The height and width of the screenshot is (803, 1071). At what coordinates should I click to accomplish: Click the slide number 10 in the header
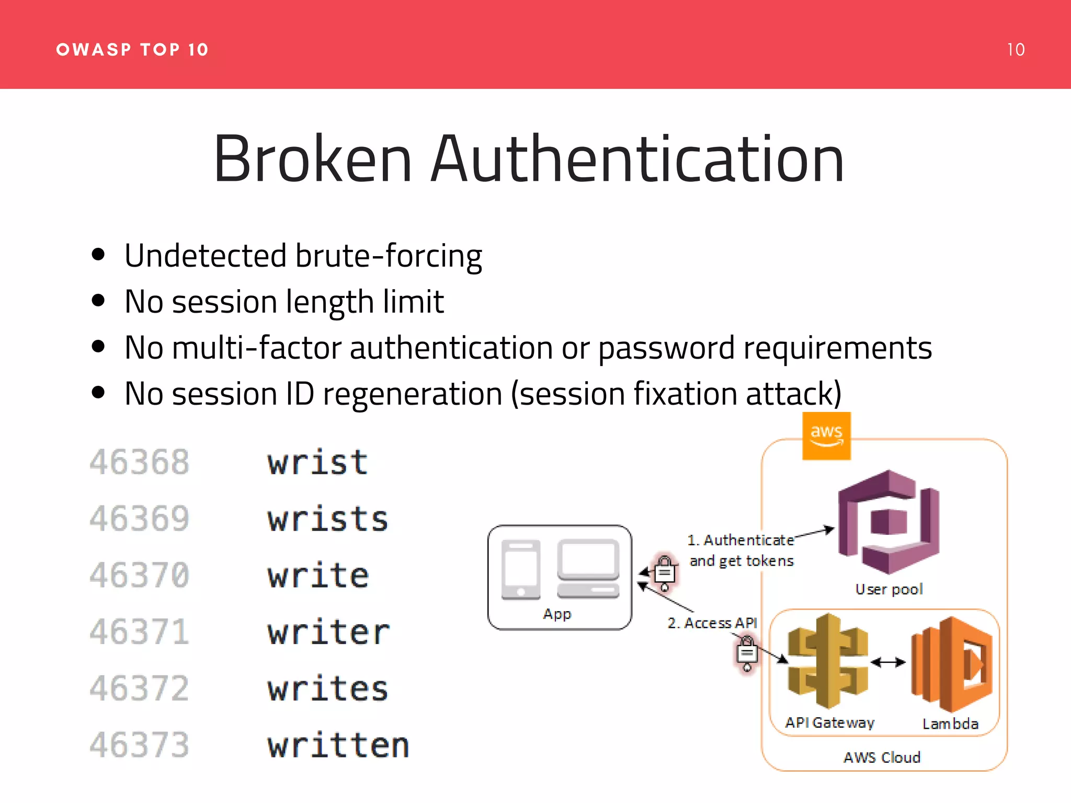pos(1016,50)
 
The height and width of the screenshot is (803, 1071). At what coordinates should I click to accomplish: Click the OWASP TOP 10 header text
pos(132,50)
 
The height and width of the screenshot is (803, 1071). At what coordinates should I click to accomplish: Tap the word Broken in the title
pos(313,159)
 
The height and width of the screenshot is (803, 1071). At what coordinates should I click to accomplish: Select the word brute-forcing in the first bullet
pos(388,256)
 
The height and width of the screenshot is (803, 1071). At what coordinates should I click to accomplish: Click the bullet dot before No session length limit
pos(98,301)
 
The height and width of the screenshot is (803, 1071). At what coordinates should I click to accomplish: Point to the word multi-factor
pos(257,348)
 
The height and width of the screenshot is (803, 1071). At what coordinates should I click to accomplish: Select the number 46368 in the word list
pos(139,463)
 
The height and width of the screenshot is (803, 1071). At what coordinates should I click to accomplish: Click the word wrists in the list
pos(328,519)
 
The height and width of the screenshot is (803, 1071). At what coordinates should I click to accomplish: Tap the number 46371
pos(139,632)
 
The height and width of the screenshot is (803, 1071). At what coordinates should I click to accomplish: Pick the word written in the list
pos(338,745)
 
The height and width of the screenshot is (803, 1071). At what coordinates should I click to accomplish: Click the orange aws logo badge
pos(826,436)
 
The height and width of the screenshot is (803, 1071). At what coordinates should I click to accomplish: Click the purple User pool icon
pos(888,522)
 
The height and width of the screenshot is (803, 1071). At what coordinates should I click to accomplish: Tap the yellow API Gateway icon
pos(827,661)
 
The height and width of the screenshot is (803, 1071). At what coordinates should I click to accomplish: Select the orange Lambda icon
pos(951,664)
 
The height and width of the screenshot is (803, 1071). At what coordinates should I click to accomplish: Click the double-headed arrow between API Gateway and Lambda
pos(888,662)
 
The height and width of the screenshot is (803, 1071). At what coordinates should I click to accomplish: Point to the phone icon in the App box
pos(520,569)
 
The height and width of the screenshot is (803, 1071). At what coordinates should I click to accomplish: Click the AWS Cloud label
pos(882,758)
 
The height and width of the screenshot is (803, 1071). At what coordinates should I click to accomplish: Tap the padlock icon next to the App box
pos(665,572)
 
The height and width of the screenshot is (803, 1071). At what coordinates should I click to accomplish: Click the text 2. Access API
pos(712,623)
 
